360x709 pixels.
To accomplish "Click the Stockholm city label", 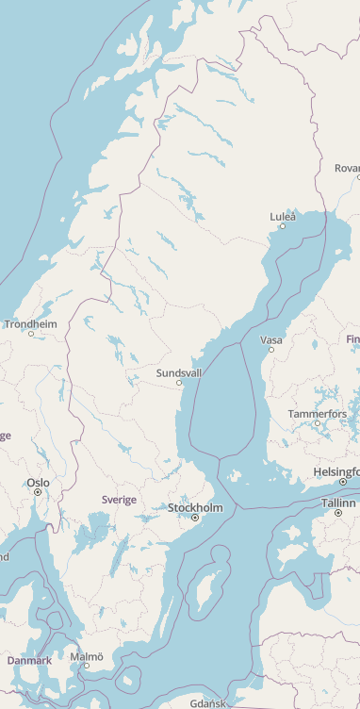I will (195, 508).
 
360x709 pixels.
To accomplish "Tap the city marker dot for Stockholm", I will (195, 518).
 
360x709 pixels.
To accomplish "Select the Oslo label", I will (38, 483).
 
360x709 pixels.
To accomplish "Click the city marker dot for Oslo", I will (39, 492).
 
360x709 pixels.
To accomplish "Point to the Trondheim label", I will (30, 324).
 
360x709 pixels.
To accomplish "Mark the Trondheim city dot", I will (31, 334).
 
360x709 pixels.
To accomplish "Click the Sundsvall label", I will (179, 373).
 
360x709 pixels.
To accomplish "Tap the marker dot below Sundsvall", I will (179, 383).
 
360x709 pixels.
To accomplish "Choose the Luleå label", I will (283, 217).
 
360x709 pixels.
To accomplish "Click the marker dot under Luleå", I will (282, 226).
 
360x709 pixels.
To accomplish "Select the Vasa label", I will (271, 340).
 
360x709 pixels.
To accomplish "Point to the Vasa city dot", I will (271, 350).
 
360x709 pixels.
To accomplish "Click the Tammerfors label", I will (318, 414).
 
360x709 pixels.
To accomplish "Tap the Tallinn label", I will (338, 503).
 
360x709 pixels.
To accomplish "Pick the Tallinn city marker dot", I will (338, 513).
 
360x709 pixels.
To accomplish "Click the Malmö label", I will (87, 655).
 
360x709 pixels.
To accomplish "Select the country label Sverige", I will (119, 500).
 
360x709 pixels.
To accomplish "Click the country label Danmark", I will (29, 661).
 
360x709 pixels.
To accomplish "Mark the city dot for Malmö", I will (87, 666).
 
